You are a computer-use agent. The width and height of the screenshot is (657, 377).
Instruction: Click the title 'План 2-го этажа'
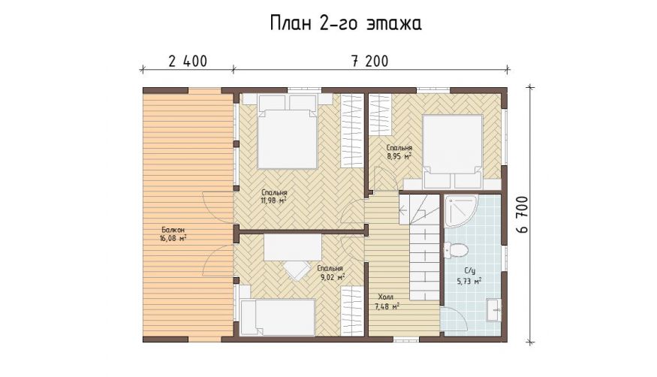click(345, 23)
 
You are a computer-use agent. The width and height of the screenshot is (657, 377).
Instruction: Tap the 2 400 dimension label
click(188, 62)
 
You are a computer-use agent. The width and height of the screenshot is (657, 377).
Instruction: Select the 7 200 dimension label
click(370, 62)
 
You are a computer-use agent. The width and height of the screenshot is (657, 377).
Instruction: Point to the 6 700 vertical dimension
click(524, 215)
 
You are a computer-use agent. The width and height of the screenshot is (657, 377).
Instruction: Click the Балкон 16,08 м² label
click(172, 234)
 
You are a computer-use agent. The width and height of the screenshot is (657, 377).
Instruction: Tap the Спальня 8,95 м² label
click(399, 152)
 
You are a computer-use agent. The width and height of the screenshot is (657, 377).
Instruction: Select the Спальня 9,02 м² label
click(330, 273)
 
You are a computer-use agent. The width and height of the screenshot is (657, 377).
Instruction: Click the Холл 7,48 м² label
click(387, 302)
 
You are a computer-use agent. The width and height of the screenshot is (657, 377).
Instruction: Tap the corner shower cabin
click(461, 212)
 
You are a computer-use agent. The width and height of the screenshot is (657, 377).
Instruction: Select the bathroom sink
click(493, 310)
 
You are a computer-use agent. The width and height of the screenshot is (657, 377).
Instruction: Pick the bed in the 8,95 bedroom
click(452, 152)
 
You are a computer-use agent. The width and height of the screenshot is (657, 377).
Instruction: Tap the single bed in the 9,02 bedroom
click(277, 317)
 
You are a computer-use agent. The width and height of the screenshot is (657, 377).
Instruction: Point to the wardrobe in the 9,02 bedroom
click(351, 311)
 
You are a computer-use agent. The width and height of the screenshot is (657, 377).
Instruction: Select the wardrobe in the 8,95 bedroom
click(381, 114)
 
